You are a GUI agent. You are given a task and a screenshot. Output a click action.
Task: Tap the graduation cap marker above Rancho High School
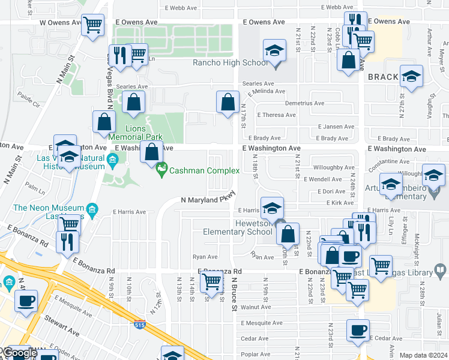[274, 50]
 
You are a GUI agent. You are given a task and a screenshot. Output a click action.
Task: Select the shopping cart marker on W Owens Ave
[92, 25]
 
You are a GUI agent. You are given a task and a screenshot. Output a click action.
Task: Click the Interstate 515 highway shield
[139, 325]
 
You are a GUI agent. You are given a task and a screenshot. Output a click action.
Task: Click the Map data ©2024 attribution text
[423, 355]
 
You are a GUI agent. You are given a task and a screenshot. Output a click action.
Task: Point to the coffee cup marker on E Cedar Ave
[358, 330]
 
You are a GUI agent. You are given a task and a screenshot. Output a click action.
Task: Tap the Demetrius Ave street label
[304, 103]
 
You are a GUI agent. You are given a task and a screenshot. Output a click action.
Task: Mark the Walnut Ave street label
[256, 307]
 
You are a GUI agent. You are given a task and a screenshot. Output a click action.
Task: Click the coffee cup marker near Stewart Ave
[26, 301]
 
